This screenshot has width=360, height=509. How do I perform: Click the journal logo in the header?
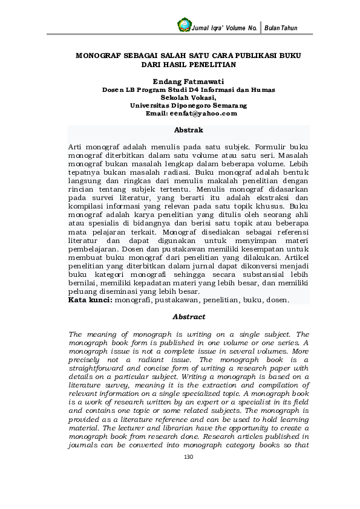click(183, 26)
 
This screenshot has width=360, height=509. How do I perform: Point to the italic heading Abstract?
click(189, 316)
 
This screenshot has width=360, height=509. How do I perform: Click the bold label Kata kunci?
click(90, 299)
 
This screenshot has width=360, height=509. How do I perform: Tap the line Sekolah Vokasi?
click(188, 97)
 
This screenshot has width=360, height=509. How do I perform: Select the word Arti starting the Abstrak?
click(77, 147)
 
